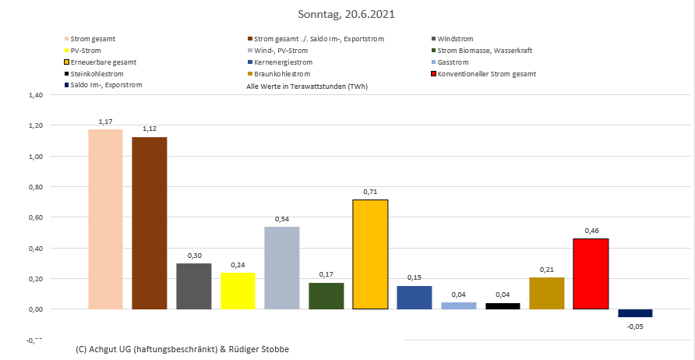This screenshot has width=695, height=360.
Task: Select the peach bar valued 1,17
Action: tap(105, 219)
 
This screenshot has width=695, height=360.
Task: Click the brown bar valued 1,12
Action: tap(149, 223)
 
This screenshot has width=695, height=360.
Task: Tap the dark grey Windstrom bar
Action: tap(193, 286)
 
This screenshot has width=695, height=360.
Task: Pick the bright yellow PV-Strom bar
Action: tap(238, 291)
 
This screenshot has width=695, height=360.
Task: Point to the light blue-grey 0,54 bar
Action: tap(281, 267)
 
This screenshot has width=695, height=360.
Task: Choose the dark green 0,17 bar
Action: tap(326, 295)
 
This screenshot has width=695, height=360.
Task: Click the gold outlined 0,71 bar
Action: tap(369, 254)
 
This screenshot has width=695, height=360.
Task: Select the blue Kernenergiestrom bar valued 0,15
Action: tap(414, 297)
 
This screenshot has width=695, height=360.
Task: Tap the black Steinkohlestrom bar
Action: tap(502, 305)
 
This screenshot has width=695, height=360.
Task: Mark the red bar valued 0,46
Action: tap(590, 274)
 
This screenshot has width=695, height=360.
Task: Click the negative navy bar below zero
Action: tap(634, 313)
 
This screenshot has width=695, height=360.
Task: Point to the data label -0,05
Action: tap(634, 326)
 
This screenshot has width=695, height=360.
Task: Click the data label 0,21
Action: tap(546, 270)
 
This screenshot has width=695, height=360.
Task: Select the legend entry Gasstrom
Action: tap(453, 62)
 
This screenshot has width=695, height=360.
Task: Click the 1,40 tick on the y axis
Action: tap(36, 95)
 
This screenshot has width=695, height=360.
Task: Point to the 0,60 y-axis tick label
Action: tap(36, 217)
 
